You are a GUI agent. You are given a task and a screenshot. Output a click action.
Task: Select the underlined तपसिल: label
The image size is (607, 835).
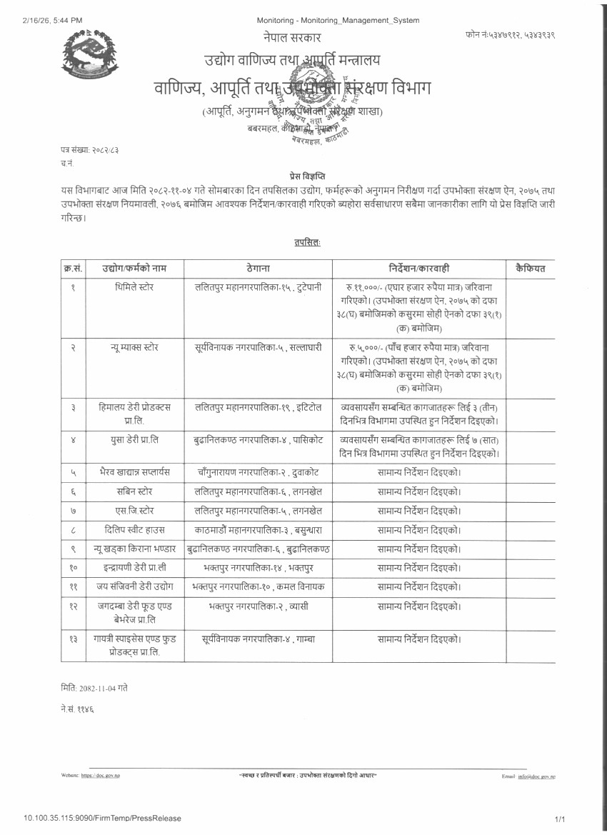[x=307, y=243]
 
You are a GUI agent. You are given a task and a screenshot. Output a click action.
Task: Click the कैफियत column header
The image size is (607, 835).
[x=530, y=269]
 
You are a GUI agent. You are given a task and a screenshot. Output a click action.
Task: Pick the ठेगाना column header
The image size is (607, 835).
[x=258, y=269]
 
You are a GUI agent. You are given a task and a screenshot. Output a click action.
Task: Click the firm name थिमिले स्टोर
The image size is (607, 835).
[x=134, y=287]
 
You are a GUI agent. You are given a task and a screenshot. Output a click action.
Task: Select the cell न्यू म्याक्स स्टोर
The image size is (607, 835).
[x=134, y=348]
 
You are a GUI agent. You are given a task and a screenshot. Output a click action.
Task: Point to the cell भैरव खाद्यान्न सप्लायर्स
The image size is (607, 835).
[x=134, y=473]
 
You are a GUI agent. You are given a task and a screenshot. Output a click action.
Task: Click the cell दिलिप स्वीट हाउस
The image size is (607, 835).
[x=134, y=530]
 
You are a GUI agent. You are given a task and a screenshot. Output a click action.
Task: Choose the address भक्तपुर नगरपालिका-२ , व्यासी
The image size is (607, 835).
[x=258, y=606]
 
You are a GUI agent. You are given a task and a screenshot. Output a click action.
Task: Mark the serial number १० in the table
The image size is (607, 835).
[x=73, y=568]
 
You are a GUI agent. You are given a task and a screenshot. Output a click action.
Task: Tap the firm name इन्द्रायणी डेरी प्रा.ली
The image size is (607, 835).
[x=134, y=568]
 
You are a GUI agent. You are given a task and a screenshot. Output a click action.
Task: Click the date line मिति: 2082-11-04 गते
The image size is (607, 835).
[x=94, y=688]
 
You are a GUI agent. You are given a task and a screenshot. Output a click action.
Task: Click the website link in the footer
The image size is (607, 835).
[x=101, y=775]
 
